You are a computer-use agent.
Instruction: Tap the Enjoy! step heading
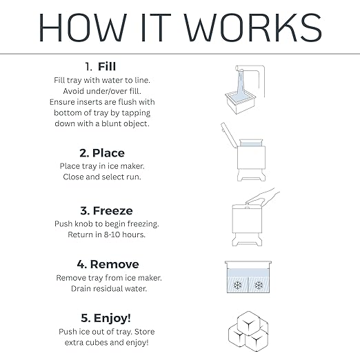(114, 318)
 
